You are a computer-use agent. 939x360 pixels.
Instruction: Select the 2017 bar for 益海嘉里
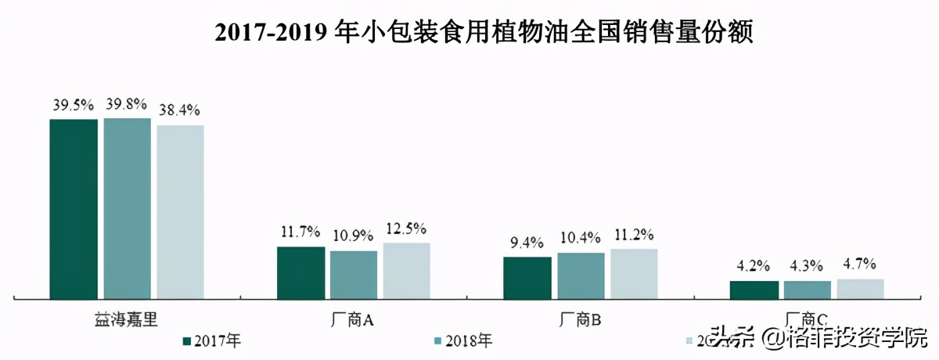pos(74,208)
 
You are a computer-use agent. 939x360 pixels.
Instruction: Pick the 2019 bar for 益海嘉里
pos(180,211)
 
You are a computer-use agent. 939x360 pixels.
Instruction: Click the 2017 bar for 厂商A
pos(300,272)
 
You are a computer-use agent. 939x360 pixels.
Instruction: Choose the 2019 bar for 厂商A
pos(406,271)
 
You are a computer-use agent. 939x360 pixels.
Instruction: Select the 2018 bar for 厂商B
pos(581,275)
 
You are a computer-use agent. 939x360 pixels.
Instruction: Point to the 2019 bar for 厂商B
pos(634,274)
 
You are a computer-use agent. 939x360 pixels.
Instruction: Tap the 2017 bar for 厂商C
pos(754,290)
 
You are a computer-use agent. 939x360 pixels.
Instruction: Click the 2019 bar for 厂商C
pos(860,288)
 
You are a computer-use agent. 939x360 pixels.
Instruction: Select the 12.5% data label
pos(406,229)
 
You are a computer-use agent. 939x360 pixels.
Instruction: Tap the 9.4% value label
pos(527,243)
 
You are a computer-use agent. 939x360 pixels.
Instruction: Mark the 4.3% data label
pos(808,266)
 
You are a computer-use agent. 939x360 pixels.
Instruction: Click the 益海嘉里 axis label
pos(126,319)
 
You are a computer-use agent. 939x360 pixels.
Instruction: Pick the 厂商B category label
pos(580,319)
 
